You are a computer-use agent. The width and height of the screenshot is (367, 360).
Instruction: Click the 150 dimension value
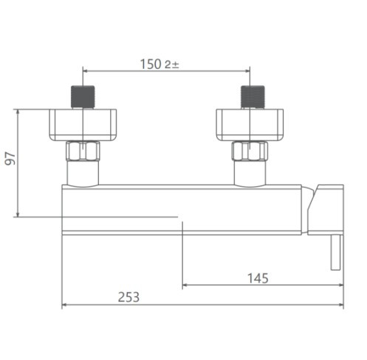click(151, 64)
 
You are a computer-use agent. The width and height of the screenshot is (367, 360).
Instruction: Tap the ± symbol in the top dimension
click(176, 65)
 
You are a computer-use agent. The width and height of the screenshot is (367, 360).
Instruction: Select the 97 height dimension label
click(10, 159)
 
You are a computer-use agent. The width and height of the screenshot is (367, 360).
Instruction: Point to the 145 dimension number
click(258, 278)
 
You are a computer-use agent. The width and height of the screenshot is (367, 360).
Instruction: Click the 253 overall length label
click(128, 297)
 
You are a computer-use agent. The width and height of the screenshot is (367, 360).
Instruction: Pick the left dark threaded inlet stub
click(83, 97)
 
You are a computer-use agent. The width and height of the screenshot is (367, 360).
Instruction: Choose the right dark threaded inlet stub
click(253, 97)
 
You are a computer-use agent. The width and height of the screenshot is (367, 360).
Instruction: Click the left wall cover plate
click(83, 125)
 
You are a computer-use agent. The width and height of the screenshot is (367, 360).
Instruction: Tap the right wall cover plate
click(250, 125)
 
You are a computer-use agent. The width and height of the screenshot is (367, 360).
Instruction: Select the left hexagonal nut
click(83, 151)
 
